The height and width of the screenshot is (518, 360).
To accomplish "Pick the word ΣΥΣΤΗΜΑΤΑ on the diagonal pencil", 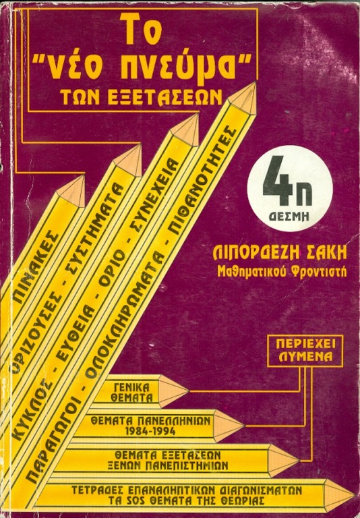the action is pos(98,231).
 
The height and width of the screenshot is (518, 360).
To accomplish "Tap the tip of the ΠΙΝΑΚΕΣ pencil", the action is pos(84,176).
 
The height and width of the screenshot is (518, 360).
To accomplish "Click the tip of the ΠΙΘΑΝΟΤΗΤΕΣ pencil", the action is pos(255,82).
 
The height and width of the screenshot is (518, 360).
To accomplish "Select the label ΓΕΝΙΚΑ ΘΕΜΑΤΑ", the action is pos(131,392).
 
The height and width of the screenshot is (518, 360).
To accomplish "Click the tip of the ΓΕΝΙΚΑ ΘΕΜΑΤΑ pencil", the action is pos(189,391).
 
